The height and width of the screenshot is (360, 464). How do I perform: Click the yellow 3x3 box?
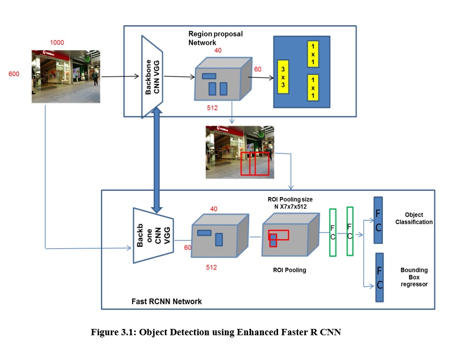[283, 77]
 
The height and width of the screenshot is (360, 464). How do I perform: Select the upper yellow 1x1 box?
[313, 54]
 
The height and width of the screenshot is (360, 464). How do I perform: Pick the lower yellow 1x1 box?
[313, 87]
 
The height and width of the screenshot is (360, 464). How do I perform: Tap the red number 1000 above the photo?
[57, 42]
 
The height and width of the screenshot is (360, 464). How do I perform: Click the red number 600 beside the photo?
[14, 74]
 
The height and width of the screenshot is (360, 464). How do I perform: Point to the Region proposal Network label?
[215, 38]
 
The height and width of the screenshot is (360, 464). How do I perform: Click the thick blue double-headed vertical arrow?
[156, 160]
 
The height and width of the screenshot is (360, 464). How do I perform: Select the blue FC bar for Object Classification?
[378, 220]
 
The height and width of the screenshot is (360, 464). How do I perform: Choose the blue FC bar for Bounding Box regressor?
[379, 277]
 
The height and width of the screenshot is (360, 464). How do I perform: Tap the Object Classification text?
[413, 218]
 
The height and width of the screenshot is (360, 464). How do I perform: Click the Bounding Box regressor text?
[414, 277]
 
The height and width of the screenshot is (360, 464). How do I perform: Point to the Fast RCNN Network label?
[166, 301]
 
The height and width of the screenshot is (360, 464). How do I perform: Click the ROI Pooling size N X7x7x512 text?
[290, 203]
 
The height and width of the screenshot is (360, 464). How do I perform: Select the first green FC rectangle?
[333, 232]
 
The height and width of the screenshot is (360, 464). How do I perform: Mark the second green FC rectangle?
[350, 231]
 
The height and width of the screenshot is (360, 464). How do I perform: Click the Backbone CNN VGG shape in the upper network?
[152, 77]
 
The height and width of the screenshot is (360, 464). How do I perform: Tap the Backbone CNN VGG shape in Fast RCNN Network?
[153, 236]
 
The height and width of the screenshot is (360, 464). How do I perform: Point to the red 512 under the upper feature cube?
[212, 108]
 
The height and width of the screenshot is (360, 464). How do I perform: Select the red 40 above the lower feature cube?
[214, 209]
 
